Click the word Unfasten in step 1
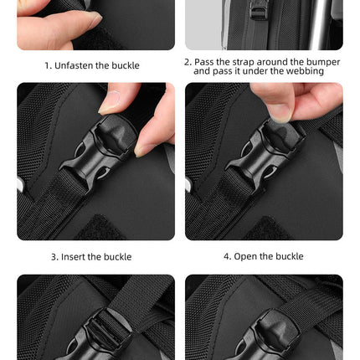click(74, 65)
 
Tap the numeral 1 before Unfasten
click(48, 65)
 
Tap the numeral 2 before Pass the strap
click(187, 62)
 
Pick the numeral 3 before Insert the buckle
click(53, 257)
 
